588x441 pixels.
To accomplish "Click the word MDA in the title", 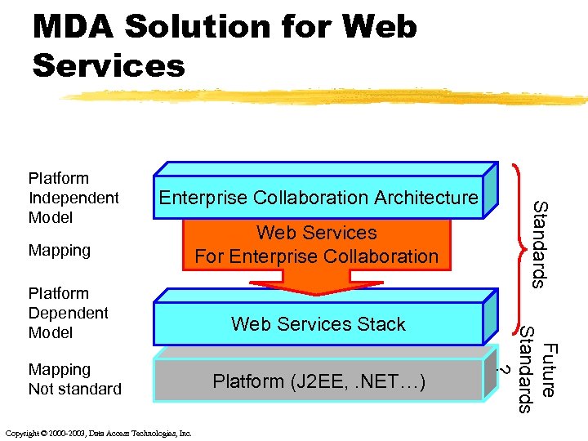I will [x=72, y=27].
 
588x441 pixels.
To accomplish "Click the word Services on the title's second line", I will [x=109, y=65].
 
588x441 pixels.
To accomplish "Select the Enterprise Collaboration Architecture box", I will [x=318, y=198].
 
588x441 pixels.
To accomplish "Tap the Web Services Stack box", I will [x=318, y=324].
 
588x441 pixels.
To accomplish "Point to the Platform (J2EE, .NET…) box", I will [x=318, y=381].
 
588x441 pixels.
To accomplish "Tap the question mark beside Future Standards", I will [x=506, y=369].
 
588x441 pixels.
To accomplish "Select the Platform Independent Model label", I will [x=73, y=198].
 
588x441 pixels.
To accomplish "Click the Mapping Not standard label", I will [x=74, y=379].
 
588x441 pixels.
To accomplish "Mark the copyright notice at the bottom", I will [x=98, y=433].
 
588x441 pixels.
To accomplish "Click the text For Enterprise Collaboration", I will [x=317, y=256].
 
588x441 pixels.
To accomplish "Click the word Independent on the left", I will [x=73, y=198].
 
